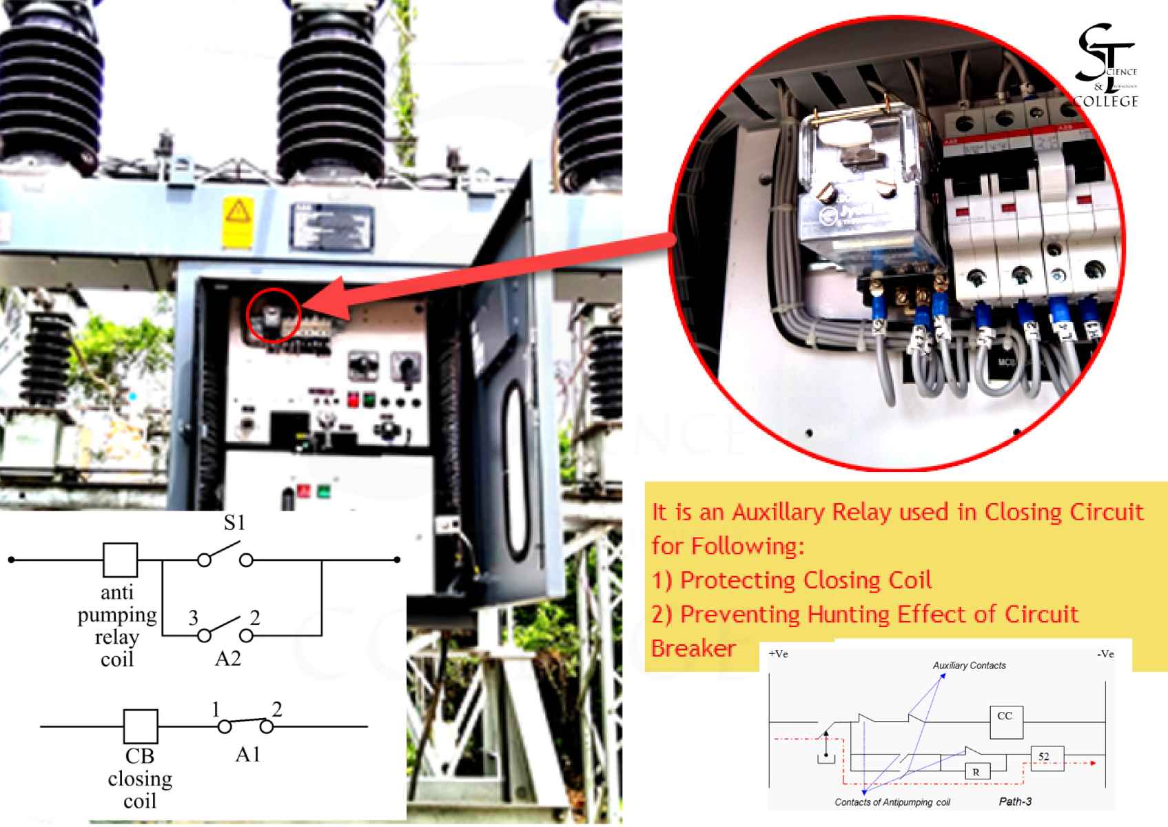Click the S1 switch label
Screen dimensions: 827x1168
[x=234, y=523]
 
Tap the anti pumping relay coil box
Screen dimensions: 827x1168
[x=120, y=560]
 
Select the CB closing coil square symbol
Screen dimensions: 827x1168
[x=141, y=726]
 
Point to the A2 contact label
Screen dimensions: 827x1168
[x=228, y=659]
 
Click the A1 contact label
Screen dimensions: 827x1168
[x=247, y=755]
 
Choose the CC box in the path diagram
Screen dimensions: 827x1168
[x=1005, y=721]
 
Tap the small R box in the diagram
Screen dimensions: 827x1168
[x=976, y=772]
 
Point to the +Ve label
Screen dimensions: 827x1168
[x=779, y=654]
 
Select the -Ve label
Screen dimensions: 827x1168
[x=1105, y=654]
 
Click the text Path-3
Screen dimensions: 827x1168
[x=1015, y=802]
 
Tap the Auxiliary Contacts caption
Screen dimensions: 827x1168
[x=969, y=666]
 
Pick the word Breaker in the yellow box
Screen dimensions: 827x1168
[x=693, y=648]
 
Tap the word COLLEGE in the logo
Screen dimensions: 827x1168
[x=1107, y=101]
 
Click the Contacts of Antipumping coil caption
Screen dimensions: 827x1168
[x=892, y=802]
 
